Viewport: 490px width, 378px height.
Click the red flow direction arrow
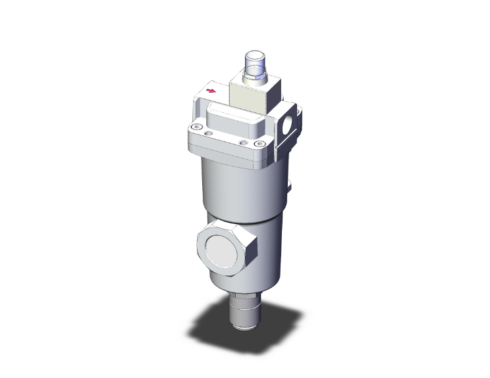tap(211, 91)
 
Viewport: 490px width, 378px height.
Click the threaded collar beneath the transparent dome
tap(254, 78)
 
